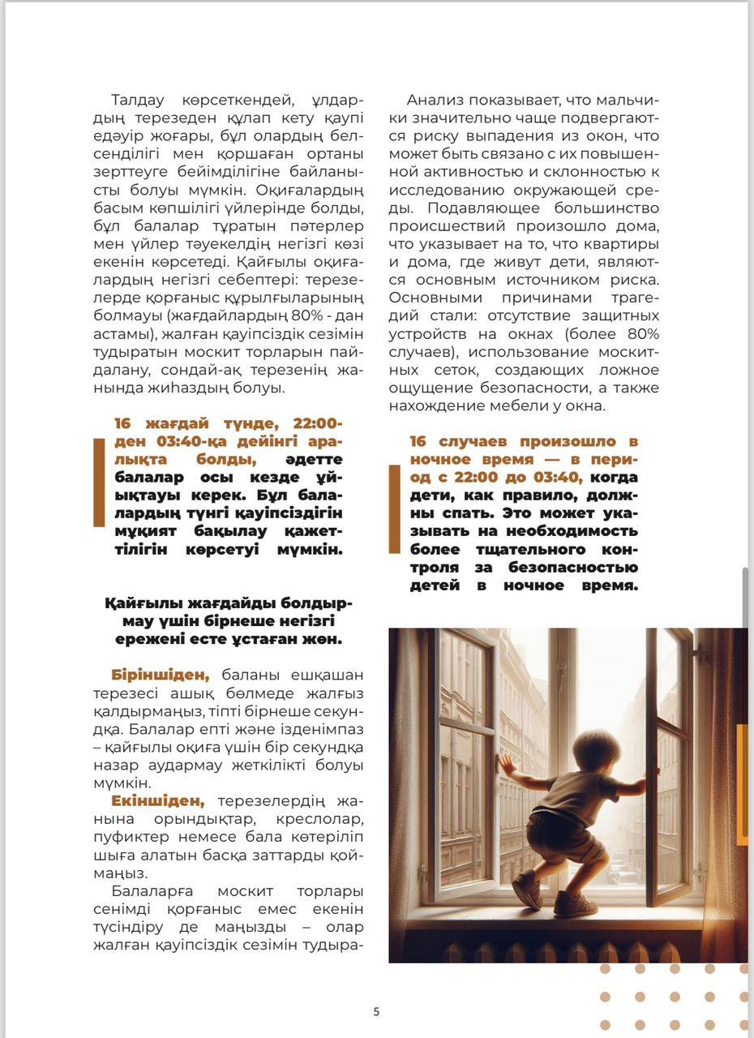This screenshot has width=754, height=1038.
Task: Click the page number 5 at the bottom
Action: pyautogui.click(x=376, y=1011)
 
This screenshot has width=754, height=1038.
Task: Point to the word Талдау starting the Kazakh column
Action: pyautogui.click(x=138, y=101)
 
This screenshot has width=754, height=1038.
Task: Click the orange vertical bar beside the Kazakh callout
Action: pyautogui.click(x=99, y=483)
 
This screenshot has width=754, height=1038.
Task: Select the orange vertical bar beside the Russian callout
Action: pyautogui.click(x=394, y=509)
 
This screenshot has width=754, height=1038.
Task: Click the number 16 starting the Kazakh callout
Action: pyautogui.click(x=122, y=424)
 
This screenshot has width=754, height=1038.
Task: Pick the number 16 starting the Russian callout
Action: pyautogui.click(x=418, y=442)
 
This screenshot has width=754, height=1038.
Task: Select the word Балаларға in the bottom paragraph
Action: pyautogui.click(x=147, y=890)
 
